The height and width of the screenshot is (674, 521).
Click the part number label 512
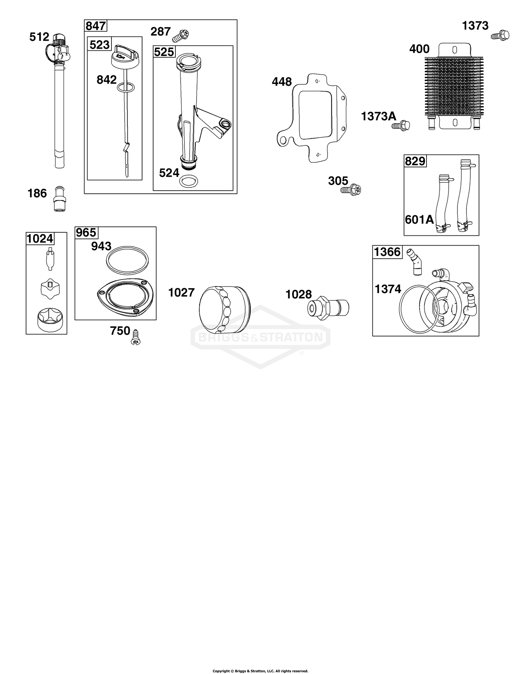click(x=39, y=37)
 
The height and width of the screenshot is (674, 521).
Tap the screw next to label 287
click(x=181, y=35)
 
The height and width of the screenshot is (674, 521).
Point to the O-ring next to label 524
click(x=188, y=181)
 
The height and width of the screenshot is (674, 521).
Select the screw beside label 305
click(x=351, y=190)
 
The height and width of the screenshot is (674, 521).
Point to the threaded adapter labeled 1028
click(x=329, y=306)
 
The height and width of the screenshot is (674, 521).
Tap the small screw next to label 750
click(x=135, y=337)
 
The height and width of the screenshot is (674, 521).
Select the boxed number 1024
click(x=40, y=239)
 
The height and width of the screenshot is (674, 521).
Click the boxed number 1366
click(x=387, y=252)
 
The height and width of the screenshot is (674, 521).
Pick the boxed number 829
click(x=415, y=161)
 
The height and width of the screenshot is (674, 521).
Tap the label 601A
click(x=419, y=219)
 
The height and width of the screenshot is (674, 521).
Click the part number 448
click(x=282, y=82)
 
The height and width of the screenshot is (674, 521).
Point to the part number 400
click(x=419, y=49)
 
